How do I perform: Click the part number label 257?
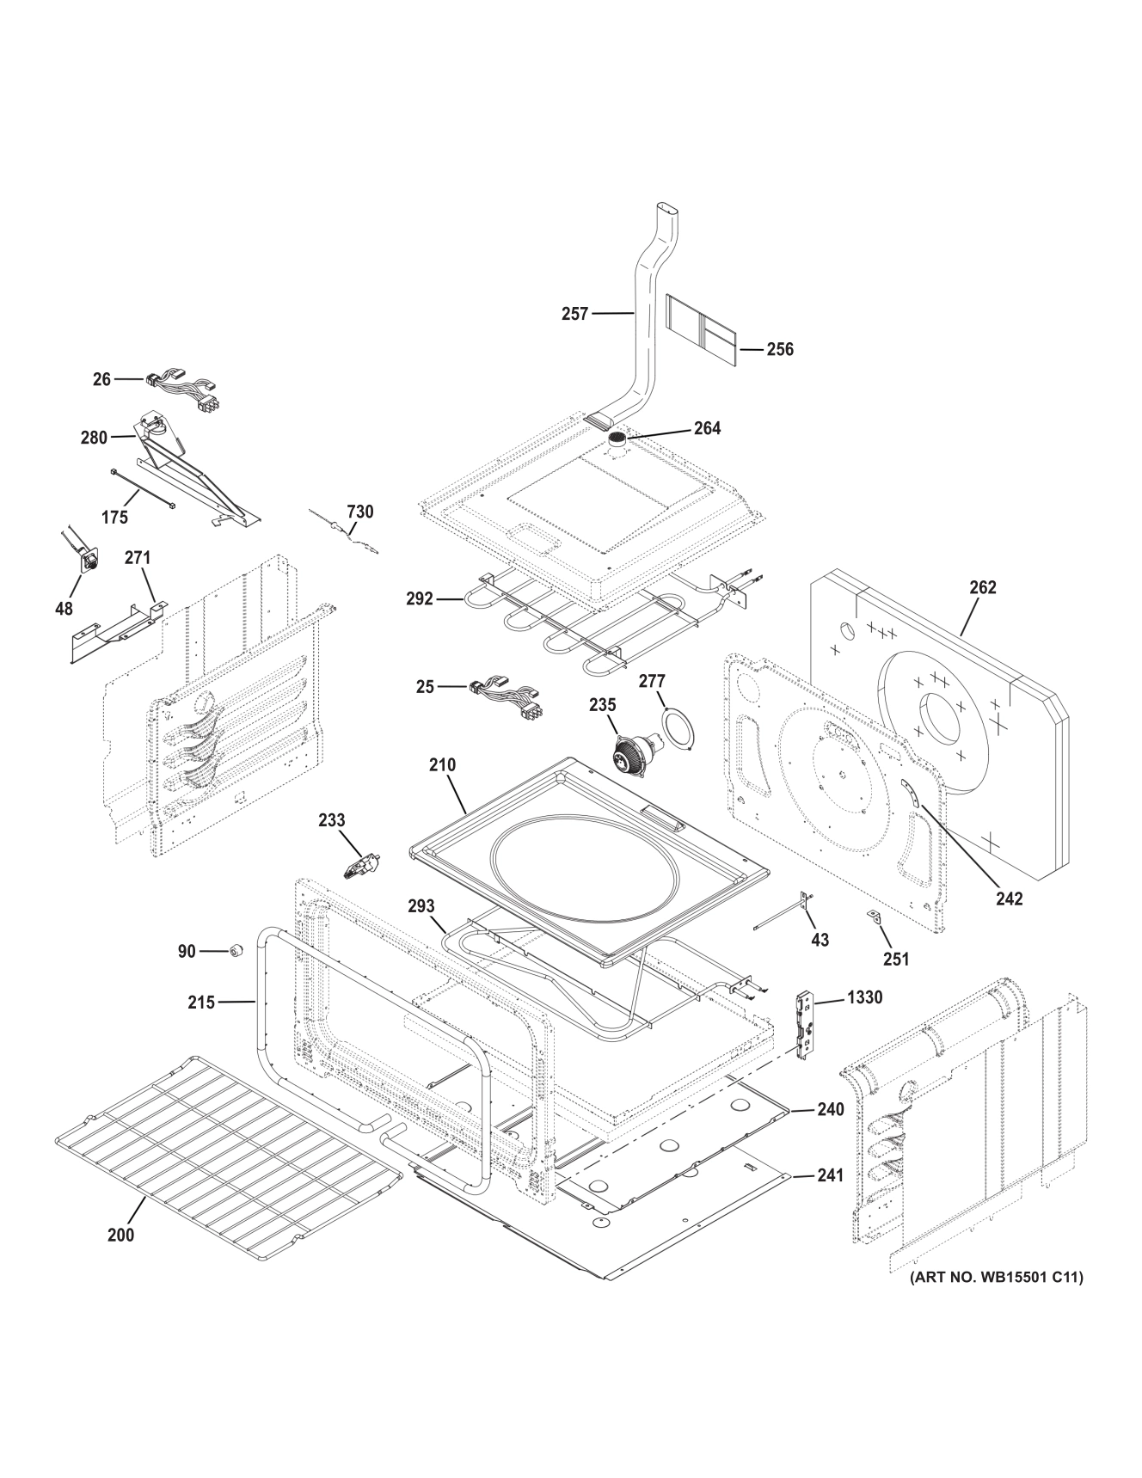pyautogui.click(x=574, y=314)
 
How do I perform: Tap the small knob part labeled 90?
pyautogui.click(x=234, y=950)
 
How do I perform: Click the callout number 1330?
pyautogui.click(x=864, y=997)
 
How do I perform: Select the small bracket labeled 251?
pyautogui.click(x=875, y=917)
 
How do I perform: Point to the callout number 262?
pyautogui.click(x=982, y=587)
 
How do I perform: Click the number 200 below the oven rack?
pyautogui.click(x=121, y=1235)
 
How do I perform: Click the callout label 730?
pyautogui.click(x=359, y=512)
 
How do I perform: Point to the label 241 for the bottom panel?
pyautogui.click(x=830, y=1174)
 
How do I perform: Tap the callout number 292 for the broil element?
pyautogui.click(x=420, y=599)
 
